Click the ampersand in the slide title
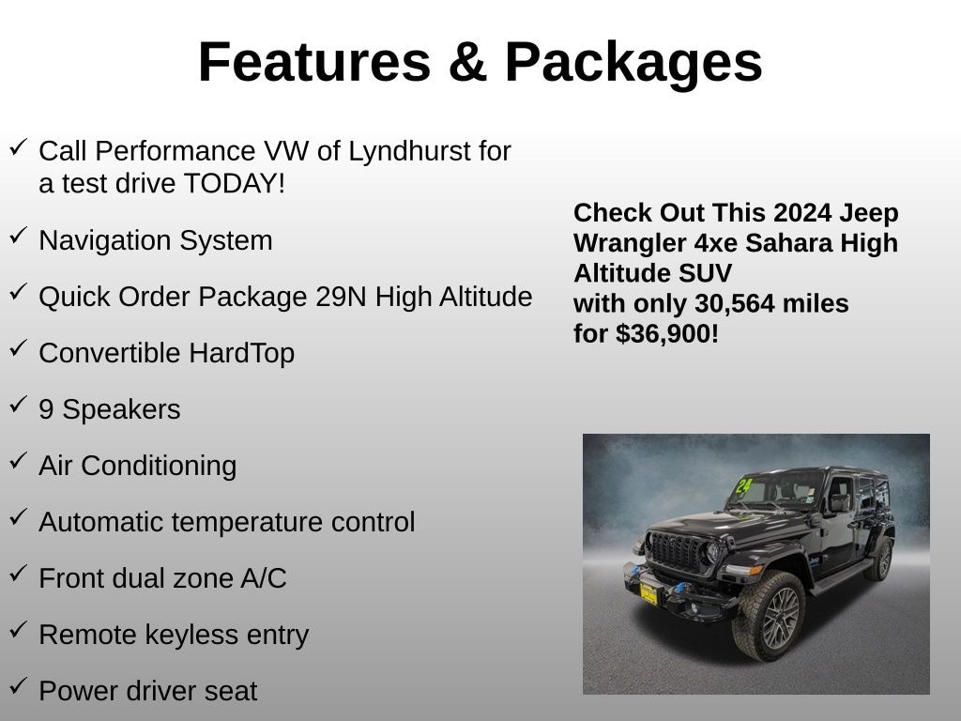(x=467, y=62)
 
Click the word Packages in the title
(x=633, y=63)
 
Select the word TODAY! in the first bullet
(x=234, y=183)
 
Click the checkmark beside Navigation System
(x=19, y=236)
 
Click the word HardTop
(x=241, y=353)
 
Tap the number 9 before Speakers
(x=46, y=409)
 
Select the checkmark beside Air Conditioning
(x=19, y=460)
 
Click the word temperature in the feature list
(x=248, y=522)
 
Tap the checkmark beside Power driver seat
(x=19, y=685)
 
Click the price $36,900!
(x=667, y=334)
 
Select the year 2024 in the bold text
(x=802, y=213)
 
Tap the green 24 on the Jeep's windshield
(x=743, y=487)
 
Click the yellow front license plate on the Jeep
(x=648, y=593)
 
